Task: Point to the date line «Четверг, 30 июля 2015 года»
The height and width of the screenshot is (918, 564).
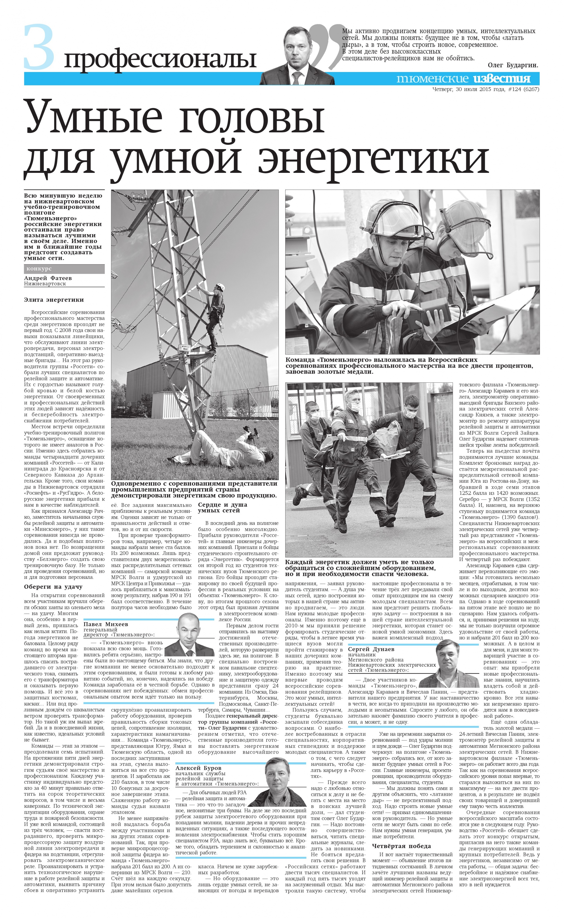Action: [468, 89]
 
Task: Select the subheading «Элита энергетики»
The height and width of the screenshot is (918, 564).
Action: [54, 300]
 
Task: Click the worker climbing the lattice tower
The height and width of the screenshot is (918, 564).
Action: [216, 317]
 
